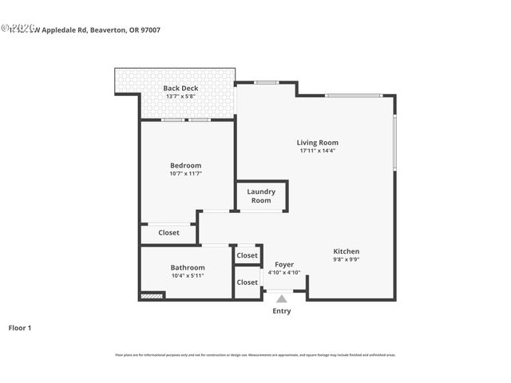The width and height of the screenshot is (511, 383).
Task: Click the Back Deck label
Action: point(180,88)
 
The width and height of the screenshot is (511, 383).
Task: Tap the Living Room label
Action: point(318,143)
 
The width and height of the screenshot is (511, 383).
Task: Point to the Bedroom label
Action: point(185,165)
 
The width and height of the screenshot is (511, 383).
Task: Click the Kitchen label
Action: point(347,251)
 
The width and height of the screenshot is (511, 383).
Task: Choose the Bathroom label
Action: point(188,267)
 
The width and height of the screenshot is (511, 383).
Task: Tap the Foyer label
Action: point(284,264)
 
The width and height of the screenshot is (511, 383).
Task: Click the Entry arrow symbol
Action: point(281,298)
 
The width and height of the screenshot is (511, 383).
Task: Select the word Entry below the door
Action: point(281,311)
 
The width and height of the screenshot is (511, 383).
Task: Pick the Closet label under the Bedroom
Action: point(168,233)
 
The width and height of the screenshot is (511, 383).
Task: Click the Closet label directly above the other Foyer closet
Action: point(248,255)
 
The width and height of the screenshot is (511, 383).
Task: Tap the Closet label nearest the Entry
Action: point(248,282)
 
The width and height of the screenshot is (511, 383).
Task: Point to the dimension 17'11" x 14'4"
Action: point(318,151)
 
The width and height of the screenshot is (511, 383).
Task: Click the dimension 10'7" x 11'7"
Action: point(185,173)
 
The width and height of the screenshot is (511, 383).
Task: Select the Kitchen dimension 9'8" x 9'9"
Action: point(347,259)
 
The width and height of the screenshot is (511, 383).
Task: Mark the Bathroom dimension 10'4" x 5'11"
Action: point(188,275)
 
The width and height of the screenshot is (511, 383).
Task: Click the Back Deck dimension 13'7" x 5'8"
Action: point(180,97)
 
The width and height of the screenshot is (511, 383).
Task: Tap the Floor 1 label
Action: point(19,327)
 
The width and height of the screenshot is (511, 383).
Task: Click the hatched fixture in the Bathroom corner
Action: point(152,296)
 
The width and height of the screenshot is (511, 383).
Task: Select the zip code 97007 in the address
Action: point(171,30)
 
